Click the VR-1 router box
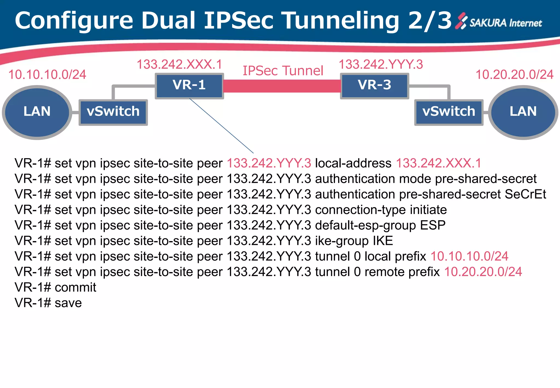189,85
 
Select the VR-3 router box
374,85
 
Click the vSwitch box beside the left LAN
113,112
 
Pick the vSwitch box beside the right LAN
449,112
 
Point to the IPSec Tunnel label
283,71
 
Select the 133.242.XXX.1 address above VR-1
179,65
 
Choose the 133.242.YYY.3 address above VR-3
381,65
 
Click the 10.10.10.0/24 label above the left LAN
47,75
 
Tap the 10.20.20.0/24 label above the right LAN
514,75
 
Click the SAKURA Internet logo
499,22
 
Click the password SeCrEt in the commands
525,194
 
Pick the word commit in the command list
75,288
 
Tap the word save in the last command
68,303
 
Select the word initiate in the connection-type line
428,210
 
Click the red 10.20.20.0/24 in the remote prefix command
483,272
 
